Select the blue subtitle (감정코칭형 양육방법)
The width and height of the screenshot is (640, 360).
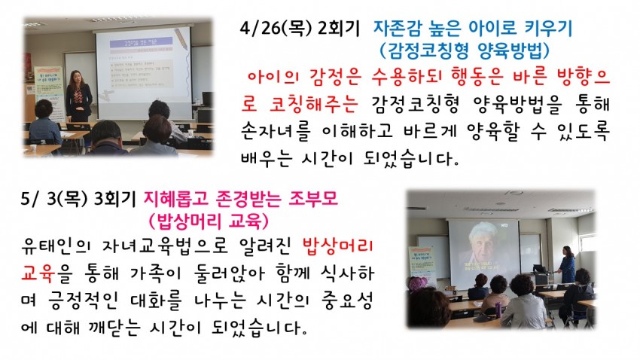pos(465,50)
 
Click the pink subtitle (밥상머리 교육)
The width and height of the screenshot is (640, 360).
pos(209,221)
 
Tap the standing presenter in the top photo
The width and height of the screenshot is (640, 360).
pos(79,96)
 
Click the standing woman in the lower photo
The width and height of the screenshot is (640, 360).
pos(567,264)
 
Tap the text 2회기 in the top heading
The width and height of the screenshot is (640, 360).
pos(338,29)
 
